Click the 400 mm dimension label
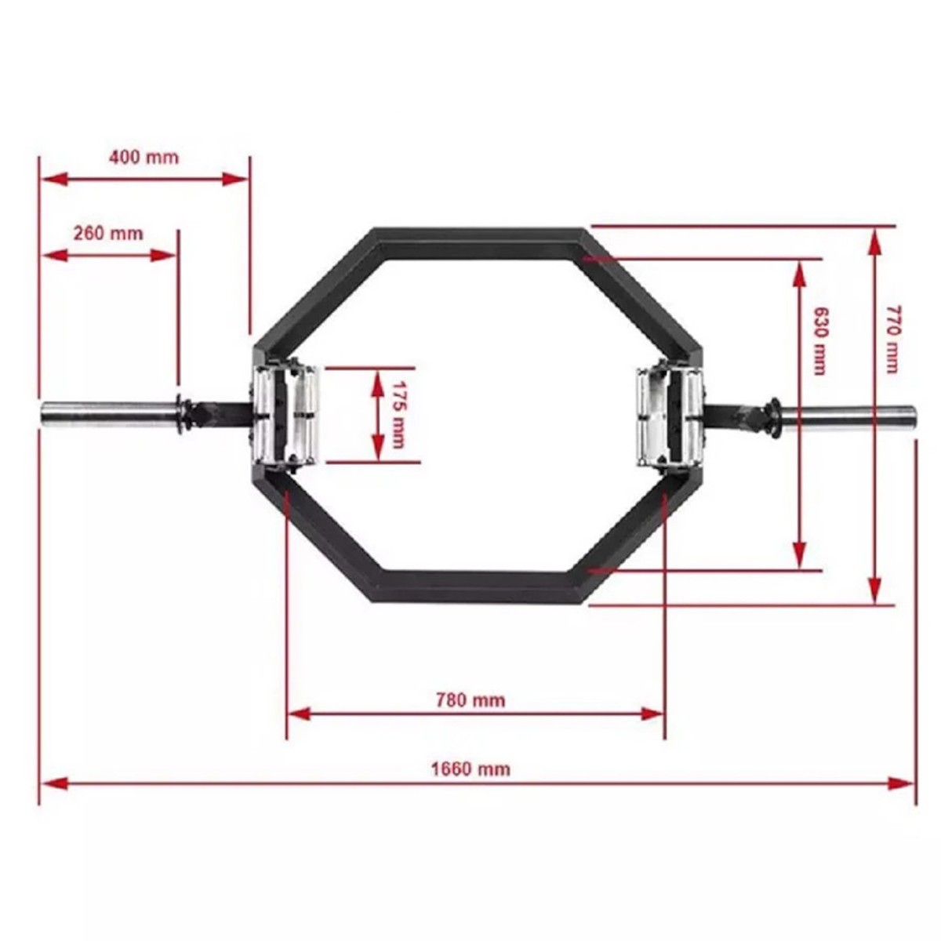tap(144, 158)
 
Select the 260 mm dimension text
tap(108, 234)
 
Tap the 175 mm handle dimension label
tap(399, 415)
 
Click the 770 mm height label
tap(893, 339)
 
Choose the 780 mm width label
tap(470, 701)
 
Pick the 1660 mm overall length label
tap(470, 769)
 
